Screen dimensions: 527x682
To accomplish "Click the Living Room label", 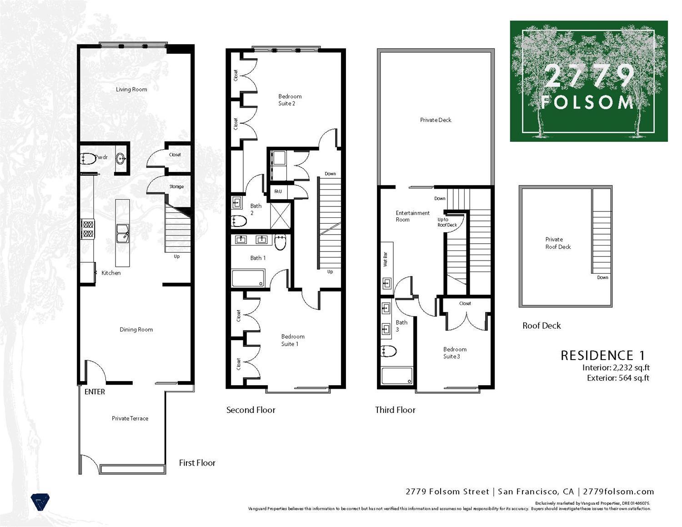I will pos(131,90).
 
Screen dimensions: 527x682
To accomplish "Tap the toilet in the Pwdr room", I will pos(87,159).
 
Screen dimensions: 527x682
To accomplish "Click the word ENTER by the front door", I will pos(95,392).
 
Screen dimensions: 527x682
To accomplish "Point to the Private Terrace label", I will pos(130,418).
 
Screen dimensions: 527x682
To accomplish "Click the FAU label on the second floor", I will pos(278,191).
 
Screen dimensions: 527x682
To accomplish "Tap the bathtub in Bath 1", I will pos(248,278).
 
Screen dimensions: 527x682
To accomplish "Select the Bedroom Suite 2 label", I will pos(290,100).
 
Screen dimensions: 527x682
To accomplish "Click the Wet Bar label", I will pos(386,259).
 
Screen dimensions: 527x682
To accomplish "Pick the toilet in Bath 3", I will pos(389,351).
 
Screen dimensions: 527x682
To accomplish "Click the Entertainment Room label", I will pos(412,216).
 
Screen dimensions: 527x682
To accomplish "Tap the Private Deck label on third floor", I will pos(436,120).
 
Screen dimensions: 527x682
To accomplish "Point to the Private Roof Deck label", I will pos(558,243).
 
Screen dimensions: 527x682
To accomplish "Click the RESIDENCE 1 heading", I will pos(602,356).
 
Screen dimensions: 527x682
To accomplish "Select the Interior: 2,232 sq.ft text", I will pos(616,368).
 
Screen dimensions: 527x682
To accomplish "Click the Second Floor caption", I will pos(251,410).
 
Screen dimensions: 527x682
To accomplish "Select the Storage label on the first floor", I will pos(176,186).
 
